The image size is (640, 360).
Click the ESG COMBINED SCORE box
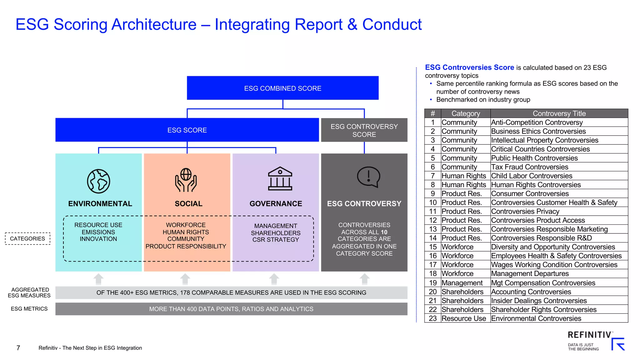pyautogui.click(x=282, y=88)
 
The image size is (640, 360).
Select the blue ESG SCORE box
pyautogui.click(x=187, y=130)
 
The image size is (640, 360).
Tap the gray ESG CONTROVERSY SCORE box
pyautogui.click(x=364, y=130)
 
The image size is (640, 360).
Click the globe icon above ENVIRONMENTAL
pyautogui.click(x=98, y=181)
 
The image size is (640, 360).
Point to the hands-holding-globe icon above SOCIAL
pyautogui.click(x=186, y=180)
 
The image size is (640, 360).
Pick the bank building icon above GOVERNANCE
pyautogui.click(x=280, y=179)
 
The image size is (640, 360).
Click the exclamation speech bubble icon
pyautogui.click(x=368, y=177)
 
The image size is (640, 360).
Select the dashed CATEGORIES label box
pyautogui.click(x=27, y=239)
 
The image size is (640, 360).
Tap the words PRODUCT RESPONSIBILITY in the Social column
pyautogui.click(x=186, y=246)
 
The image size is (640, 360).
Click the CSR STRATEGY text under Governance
pyautogui.click(x=276, y=240)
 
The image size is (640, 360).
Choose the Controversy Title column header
pyautogui.click(x=559, y=113)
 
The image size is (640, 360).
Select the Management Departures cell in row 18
pyautogui.click(x=530, y=274)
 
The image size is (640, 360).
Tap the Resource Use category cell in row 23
pyautogui.click(x=464, y=318)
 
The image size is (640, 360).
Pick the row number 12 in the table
pyautogui.click(x=433, y=220)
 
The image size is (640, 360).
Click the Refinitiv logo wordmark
pyautogui.click(x=589, y=335)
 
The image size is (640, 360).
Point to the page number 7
pyautogui.click(x=18, y=348)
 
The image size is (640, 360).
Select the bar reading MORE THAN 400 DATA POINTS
pyautogui.click(x=231, y=309)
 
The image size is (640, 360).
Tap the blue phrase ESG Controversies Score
pyautogui.click(x=469, y=67)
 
